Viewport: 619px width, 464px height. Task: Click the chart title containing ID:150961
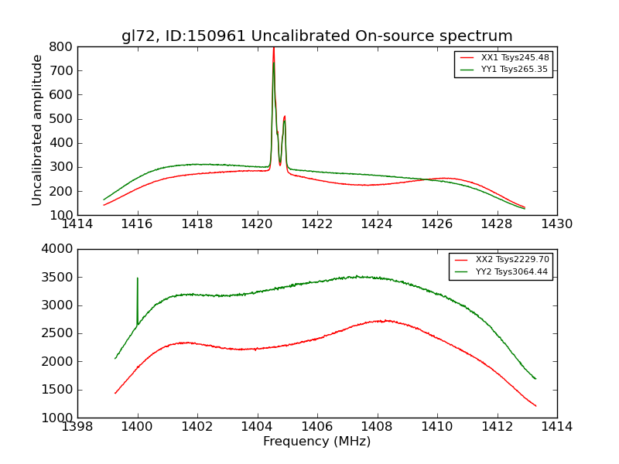pyautogui.click(x=316, y=36)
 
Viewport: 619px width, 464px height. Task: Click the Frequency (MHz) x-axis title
pyautogui.click(x=316, y=442)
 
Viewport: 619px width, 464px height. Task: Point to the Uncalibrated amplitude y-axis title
pyautogui.click(x=37, y=130)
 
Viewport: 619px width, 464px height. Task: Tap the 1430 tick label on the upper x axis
pyautogui.click(x=556, y=224)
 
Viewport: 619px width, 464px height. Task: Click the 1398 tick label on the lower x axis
pyautogui.click(x=77, y=426)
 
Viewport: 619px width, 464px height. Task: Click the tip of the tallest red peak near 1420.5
pyautogui.click(x=273, y=49)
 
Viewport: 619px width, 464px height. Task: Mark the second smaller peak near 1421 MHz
pyautogui.click(x=284, y=118)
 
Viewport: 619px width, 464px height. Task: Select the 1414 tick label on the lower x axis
pyautogui.click(x=556, y=426)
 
